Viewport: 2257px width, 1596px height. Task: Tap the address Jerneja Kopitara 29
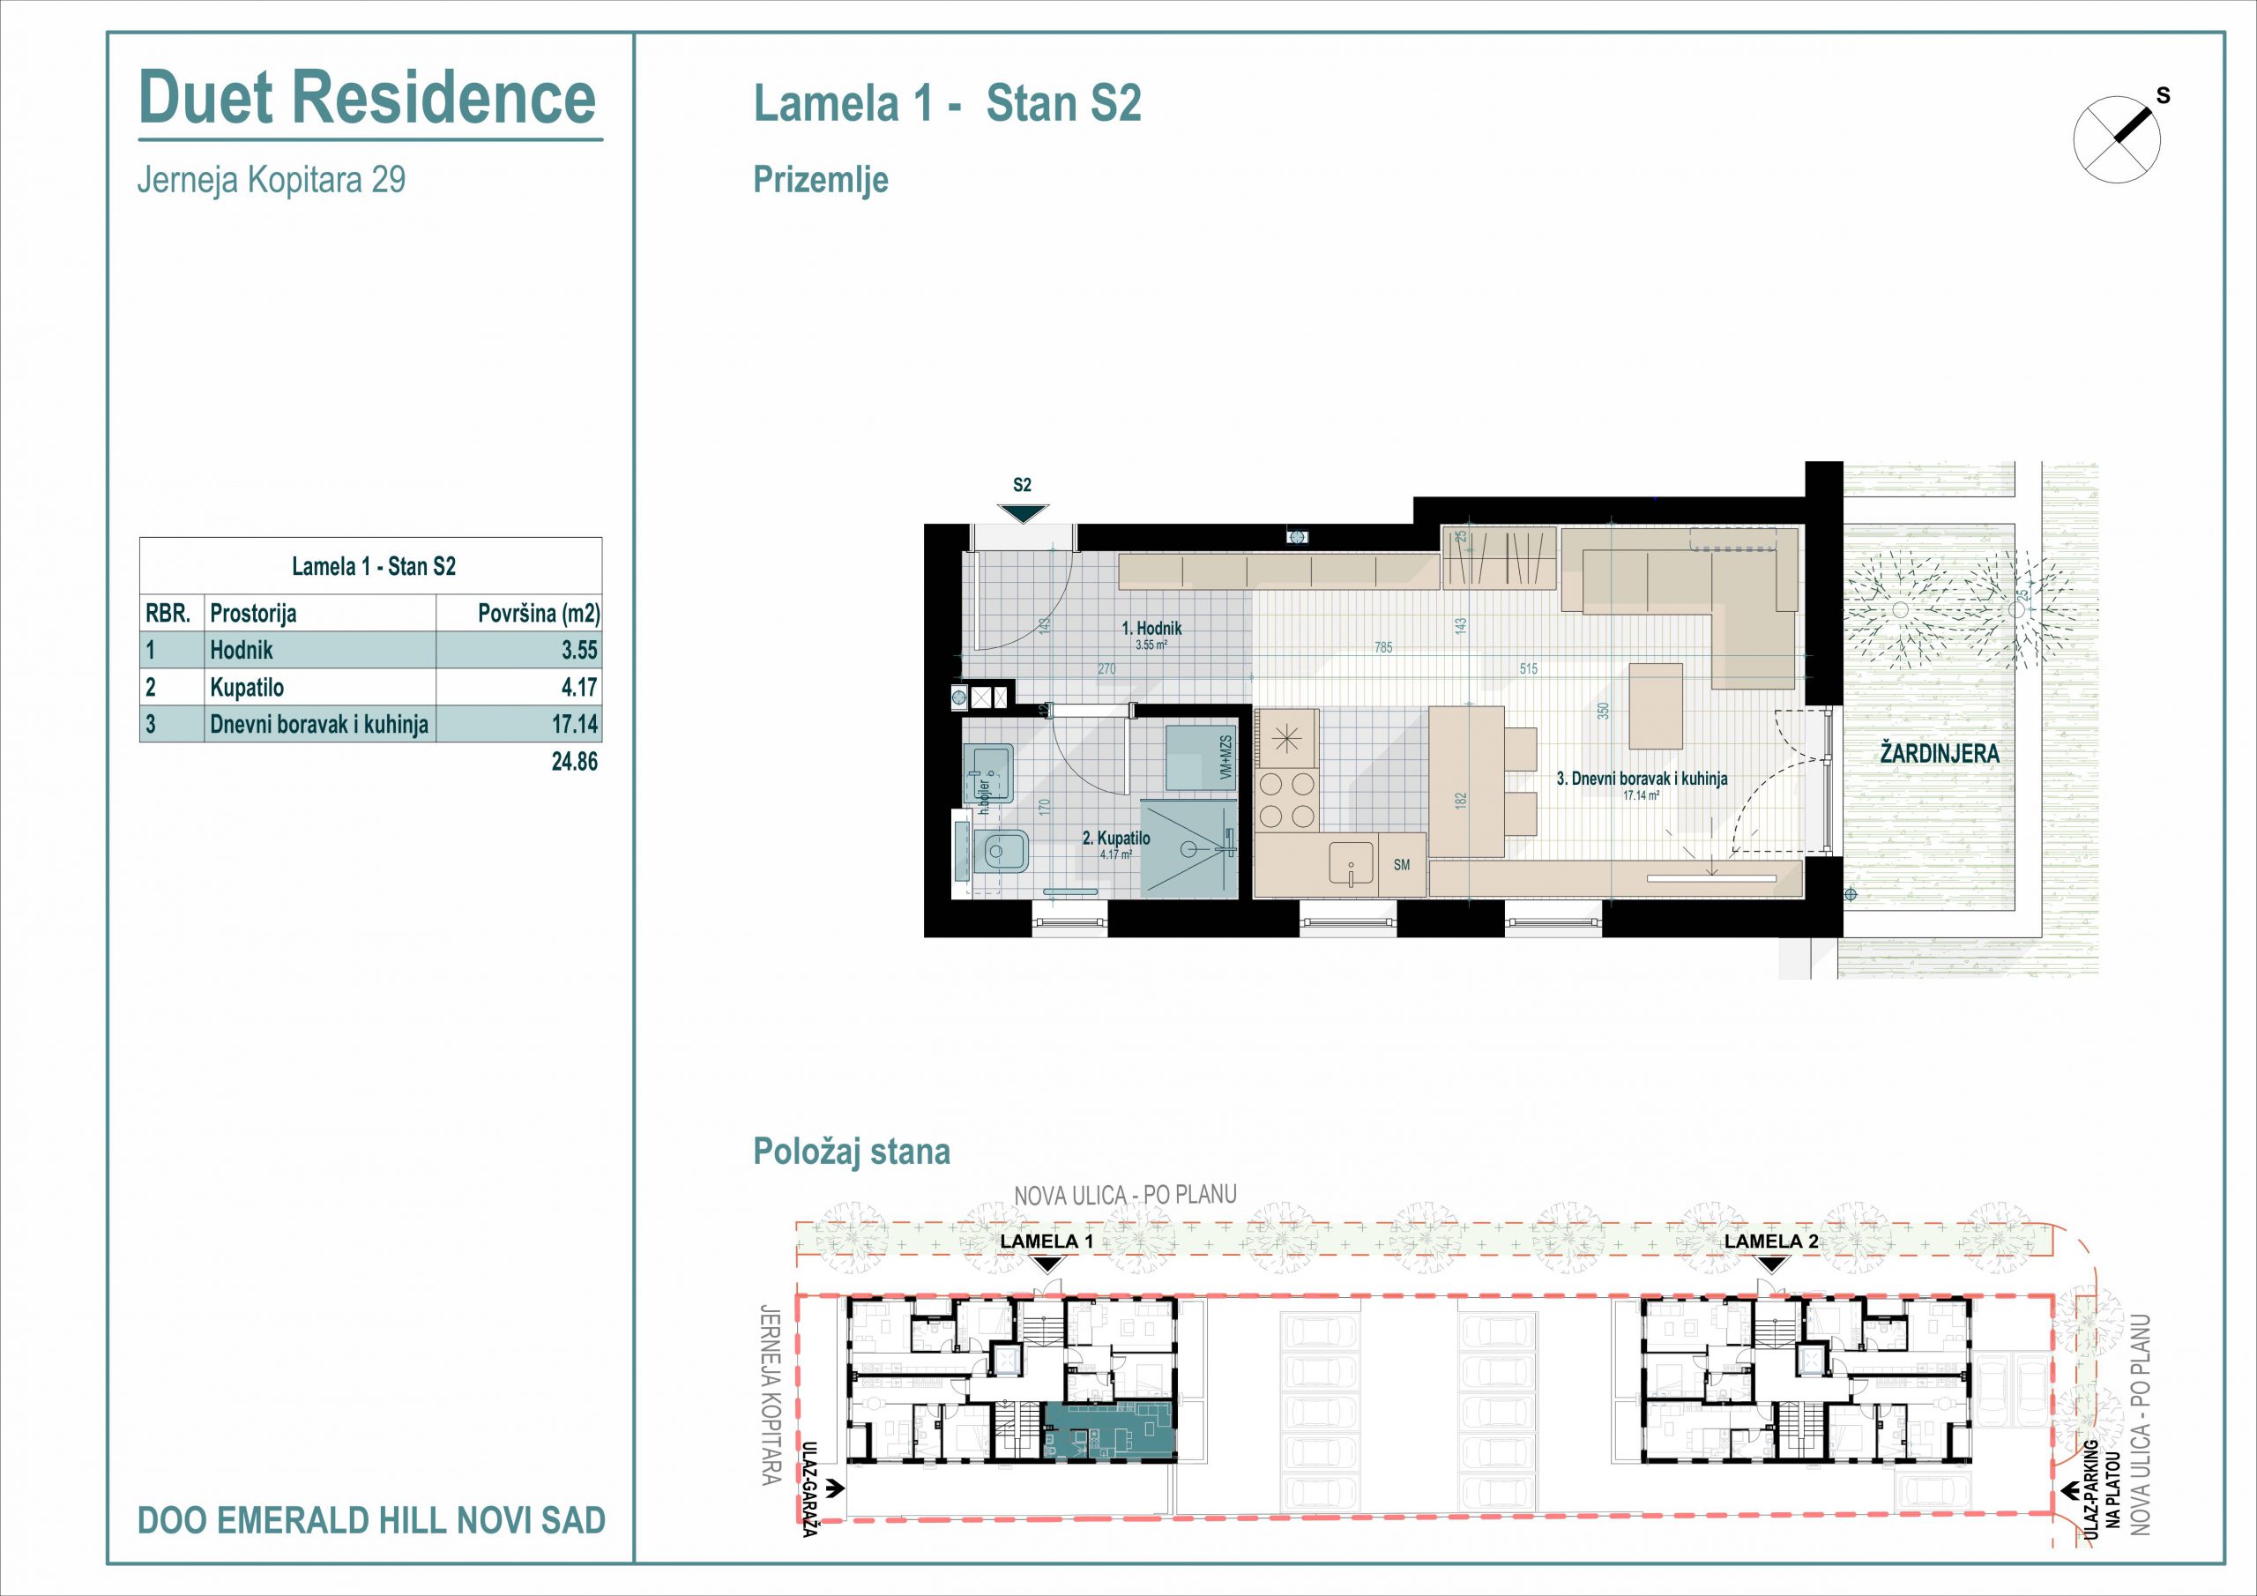(x=272, y=180)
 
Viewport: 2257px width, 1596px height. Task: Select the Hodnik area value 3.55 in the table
(x=580, y=650)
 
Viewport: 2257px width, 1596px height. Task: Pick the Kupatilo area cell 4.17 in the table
(x=580, y=688)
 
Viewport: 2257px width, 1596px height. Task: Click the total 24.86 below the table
(x=575, y=761)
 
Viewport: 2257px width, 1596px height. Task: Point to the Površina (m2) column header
(x=539, y=614)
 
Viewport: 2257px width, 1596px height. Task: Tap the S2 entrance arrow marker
(x=1023, y=512)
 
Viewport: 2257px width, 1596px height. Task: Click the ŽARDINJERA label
(x=1940, y=753)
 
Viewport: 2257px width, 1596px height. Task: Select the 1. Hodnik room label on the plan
(x=1152, y=629)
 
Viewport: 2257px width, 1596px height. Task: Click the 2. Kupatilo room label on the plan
(x=1116, y=839)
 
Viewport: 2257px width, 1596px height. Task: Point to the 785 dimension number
(x=1383, y=648)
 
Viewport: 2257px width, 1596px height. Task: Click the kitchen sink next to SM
(x=1352, y=865)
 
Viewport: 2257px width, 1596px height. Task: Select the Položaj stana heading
(x=852, y=1152)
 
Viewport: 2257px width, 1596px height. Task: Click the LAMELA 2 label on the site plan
(x=1771, y=1241)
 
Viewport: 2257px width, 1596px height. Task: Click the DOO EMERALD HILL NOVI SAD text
(x=371, y=1520)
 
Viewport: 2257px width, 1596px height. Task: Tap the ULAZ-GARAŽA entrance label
(x=810, y=1488)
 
